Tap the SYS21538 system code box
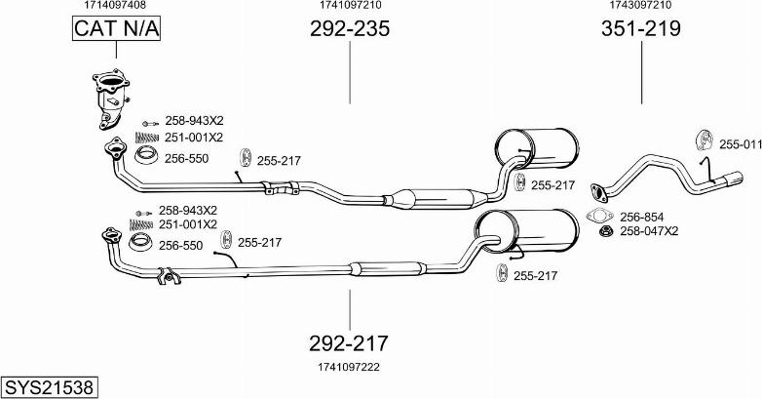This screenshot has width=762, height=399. (49, 387)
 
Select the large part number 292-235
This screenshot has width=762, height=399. (349, 29)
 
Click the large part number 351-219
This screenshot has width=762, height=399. (640, 29)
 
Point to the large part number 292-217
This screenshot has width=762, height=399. (349, 343)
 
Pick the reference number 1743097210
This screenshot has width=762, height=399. (640, 6)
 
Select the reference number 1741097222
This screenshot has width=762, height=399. (348, 367)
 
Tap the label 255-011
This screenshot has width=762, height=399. (740, 144)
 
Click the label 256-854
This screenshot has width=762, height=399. (641, 217)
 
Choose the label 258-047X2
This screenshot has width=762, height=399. (649, 231)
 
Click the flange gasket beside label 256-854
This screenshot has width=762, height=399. (598, 217)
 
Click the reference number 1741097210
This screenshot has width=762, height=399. (349, 6)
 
